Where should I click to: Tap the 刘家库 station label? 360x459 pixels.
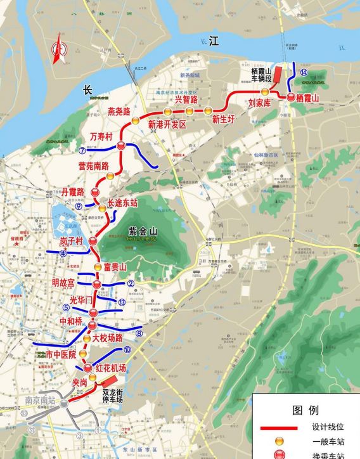pyautogui.click(x=260, y=102)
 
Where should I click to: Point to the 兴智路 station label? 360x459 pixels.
pyautogui.click(x=186, y=99)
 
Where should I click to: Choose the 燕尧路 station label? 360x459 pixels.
pyautogui.click(x=119, y=112)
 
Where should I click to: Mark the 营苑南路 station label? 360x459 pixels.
pyautogui.click(x=93, y=166)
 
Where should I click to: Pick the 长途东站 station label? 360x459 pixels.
pyautogui.click(x=122, y=203)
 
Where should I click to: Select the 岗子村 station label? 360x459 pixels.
pyautogui.click(x=72, y=242)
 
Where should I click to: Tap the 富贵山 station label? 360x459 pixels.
pyautogui.click(x=115, y=266)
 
